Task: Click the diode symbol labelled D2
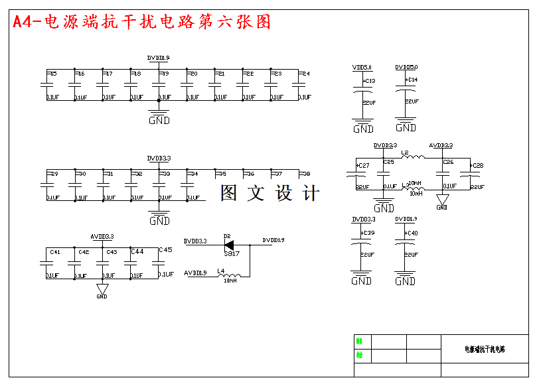[229, 244]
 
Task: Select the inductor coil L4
[227, 275]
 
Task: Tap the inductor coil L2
[414, 157]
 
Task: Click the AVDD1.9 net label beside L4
[195, 273]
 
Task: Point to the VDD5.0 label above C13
[362, 68]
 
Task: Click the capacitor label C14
[412, 80]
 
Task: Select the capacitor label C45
[165, 250]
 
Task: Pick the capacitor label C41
[55, 252]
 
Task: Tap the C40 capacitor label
[412, 233]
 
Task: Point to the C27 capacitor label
[363, 166]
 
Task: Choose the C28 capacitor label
[477, 166]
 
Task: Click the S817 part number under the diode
[232, 253]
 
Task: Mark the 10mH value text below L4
[230, 281]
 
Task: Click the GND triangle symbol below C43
[102, 289]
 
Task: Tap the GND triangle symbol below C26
[442, 200]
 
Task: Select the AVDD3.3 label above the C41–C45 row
[102, 237]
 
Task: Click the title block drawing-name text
[485, 349]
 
